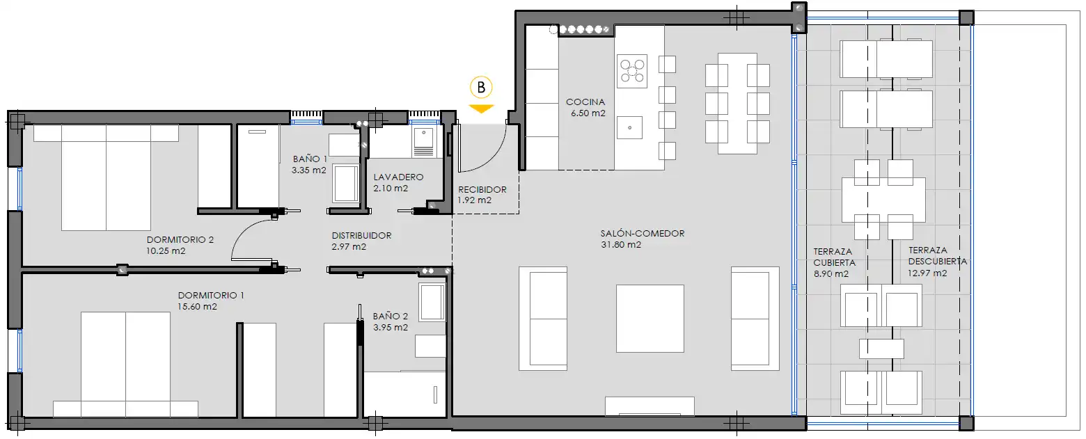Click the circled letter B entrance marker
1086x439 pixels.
(x=481, y=88)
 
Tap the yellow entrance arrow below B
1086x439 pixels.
(x=481, y=109)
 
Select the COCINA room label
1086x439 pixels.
(x=585, y=102)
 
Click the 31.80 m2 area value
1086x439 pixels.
(x=620, y=245)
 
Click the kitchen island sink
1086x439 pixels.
(x=629, y=127)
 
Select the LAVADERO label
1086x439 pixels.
(x=398, y=177)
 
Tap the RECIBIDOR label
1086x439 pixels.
(x=482, y=189)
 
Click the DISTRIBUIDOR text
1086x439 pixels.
(x=361, y=236)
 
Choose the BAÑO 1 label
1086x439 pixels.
(x=309, y=159)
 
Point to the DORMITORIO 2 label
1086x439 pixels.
(x=180, y=240)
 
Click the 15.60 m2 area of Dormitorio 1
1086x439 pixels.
(x=198, y=307)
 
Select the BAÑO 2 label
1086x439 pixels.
(x=390, y=315)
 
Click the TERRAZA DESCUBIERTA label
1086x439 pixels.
(x=937, y=256)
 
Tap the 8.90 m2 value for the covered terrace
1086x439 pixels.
(x=831, y=274)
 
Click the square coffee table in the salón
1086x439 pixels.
(x=650, y=318)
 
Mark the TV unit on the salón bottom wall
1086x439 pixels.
(x=650, y=406)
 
